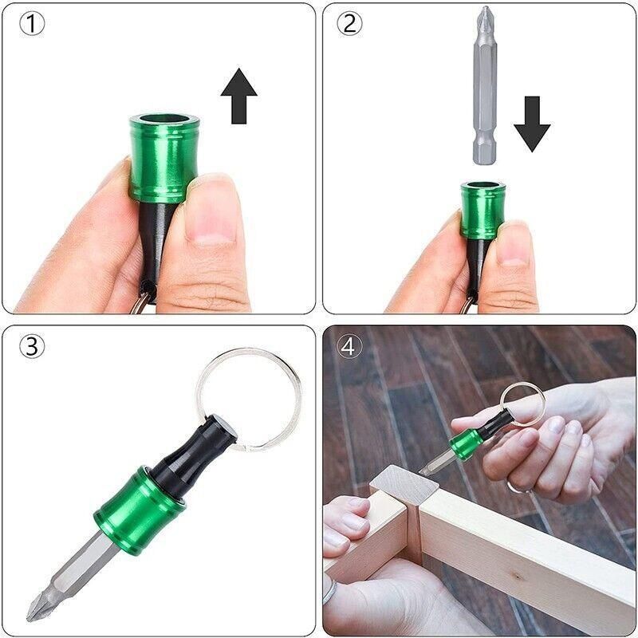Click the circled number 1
(x=32, y=24)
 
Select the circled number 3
(x=32, y=346)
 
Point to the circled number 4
(x=349, y=346)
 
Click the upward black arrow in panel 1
(x=238, y=96)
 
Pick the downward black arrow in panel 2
(x=532, y=124)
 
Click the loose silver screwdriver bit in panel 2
(x=485, y=85)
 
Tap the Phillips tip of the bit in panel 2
(x=486, y=16)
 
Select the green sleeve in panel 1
(x=164, y=159)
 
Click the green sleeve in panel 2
(x=483, y=210)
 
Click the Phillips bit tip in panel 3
(x=41, y=606)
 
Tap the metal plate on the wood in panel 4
(x=404, y=483)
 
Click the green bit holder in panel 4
(x=467, y=443)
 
